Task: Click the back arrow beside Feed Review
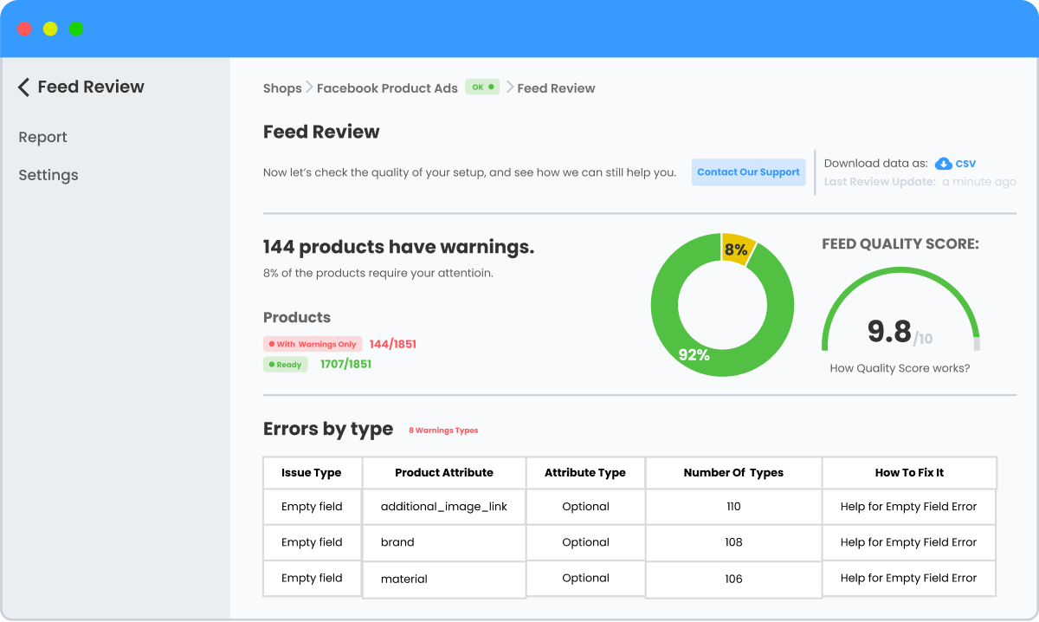(x=23, y=87)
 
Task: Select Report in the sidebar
(x=42, y=137)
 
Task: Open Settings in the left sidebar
(x=48, y=175)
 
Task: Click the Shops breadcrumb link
(x=282, y=87)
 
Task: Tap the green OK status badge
(x=482, y=87)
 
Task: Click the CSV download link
(x=956, y=163)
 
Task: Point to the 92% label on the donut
(x=694, y=354)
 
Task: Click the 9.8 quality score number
(x=889, y=331)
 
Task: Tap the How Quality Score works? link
(x=900, y=368)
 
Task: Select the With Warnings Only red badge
(x=313, y=344)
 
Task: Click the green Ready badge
(x=285, y=365)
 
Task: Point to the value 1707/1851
(x=345, y=364)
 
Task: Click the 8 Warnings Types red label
(x=443, y=430)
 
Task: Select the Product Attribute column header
(x=443, y=473)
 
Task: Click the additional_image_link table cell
(x=443, y=507)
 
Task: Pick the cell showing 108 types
(x=733, y=542)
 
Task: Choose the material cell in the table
(x=404, y=579)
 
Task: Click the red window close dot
(x=24, y=29)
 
